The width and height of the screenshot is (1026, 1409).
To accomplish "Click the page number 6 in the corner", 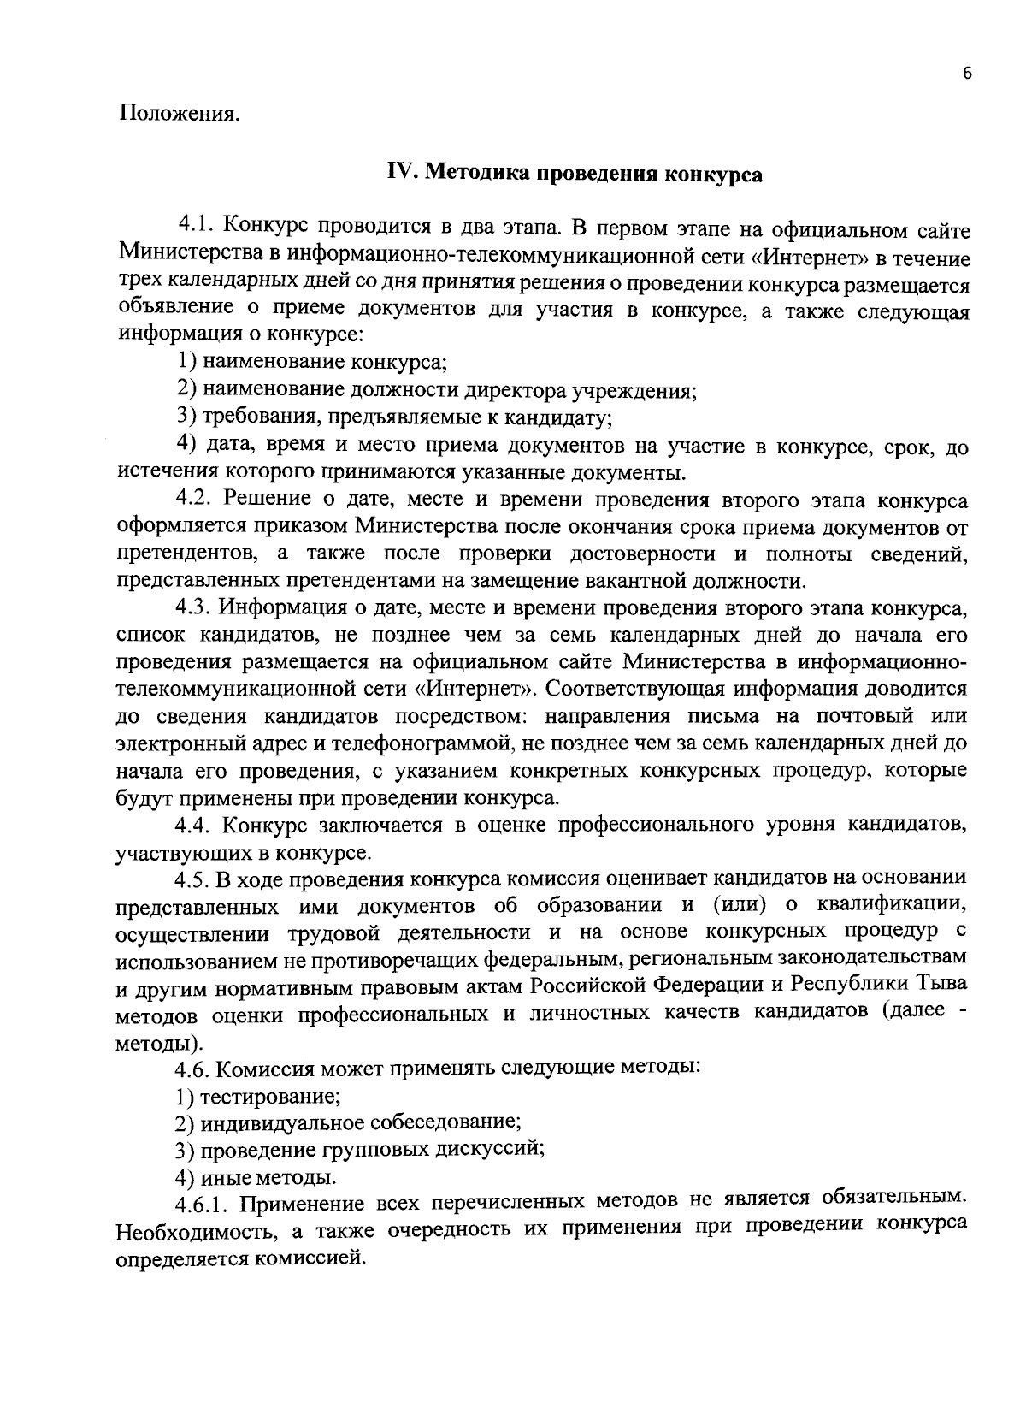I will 967,74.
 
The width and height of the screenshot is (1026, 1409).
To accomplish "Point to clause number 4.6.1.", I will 203,1205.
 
